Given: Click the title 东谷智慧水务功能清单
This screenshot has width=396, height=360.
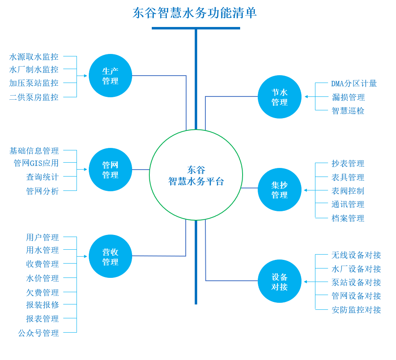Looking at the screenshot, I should [195, 13].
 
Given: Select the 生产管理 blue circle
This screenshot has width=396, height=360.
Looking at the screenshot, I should [110, 76].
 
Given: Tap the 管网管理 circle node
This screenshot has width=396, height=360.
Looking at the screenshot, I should [110, 170].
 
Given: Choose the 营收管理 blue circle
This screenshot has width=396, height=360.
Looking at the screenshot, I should [110, 256].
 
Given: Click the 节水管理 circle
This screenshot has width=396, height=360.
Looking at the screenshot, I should [279, 97].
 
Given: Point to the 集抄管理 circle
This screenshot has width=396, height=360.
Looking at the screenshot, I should [279, 190].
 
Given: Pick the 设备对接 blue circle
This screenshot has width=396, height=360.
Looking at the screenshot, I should [279, 281].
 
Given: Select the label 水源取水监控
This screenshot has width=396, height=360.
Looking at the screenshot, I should [34, 57].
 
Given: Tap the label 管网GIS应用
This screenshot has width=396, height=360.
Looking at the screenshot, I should [36, 163].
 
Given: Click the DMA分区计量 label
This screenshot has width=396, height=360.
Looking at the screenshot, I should [354, 84].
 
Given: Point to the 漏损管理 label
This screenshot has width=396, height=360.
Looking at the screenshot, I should [348, 97].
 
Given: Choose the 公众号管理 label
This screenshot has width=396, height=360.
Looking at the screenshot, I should [38, 333].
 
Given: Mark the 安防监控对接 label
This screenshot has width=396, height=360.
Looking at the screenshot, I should [356, 310].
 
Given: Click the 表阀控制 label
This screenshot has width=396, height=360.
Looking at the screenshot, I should [348, 191].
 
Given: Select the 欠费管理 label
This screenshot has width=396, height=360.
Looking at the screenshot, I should [43, 293].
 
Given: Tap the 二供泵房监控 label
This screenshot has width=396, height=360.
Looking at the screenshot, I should [34, 97].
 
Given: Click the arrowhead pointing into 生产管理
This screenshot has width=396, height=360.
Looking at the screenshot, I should [85, 76].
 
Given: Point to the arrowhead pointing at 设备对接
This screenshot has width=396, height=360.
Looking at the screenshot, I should [306, 282].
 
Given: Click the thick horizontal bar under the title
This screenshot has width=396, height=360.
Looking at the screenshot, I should [196, 28].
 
